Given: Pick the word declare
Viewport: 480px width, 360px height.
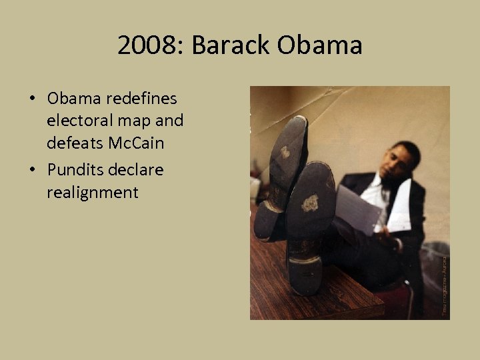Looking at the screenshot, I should (x=139, y=170).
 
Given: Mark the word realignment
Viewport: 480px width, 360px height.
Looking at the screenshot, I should (x=93, y=193).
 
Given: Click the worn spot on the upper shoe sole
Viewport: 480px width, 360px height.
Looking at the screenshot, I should (x=285, y=153).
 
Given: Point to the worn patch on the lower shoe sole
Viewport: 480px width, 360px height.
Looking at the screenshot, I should (x=309, y=203).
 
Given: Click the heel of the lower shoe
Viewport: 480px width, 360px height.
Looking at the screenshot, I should (x=303, y=273).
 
